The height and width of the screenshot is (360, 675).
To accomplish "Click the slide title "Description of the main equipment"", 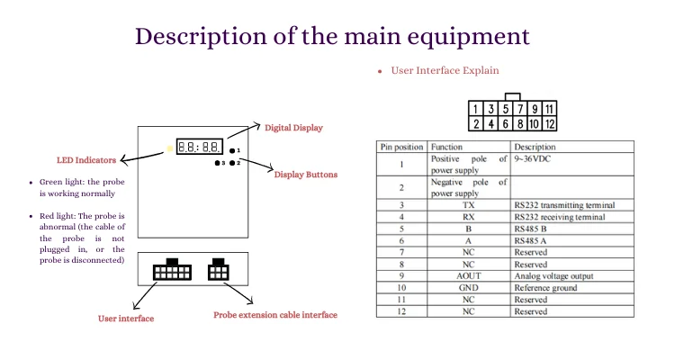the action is pos(332,36).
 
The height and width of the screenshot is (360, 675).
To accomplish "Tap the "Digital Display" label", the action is pos(292,128).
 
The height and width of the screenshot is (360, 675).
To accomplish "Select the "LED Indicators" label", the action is pos(86,160).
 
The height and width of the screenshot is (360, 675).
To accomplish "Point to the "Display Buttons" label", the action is pos(306,174).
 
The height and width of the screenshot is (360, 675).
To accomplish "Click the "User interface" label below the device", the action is pos(126,319).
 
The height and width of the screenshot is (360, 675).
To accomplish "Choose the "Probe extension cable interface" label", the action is pos(275,315).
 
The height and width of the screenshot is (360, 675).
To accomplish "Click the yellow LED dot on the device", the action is pos(168,148).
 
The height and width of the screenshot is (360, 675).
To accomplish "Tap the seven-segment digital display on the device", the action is pos(200,146).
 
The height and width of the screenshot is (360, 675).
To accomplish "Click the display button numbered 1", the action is pos(232,150).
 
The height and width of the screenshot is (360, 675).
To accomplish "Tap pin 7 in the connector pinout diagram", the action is pos(521,109).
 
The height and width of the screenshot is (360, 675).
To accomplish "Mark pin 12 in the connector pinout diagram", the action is pos(550,123).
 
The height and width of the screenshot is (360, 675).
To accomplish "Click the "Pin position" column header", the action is pos(401,147).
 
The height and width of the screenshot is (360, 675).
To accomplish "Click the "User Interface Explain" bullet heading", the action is pos(445,70).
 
